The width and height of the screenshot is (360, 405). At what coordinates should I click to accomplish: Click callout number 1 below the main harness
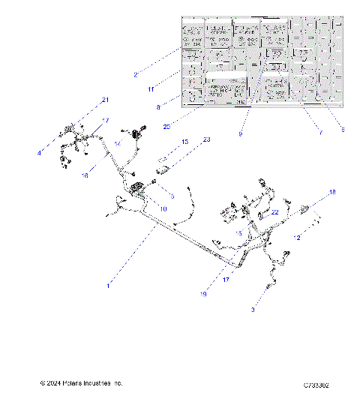click(108, 286)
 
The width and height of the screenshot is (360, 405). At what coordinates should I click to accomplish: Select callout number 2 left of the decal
click(135, 75)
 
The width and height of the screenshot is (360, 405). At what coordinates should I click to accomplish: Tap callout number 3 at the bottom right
click(253, 309)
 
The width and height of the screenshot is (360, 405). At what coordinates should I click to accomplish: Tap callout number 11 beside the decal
click(151, 89)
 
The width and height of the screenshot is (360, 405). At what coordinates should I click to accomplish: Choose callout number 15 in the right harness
click(238, 234)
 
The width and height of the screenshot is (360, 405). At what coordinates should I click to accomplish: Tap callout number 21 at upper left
click(105, 100)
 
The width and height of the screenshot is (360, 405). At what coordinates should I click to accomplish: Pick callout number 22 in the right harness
click(275, 212)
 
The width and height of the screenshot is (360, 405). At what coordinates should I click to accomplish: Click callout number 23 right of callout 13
click(207, 139)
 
